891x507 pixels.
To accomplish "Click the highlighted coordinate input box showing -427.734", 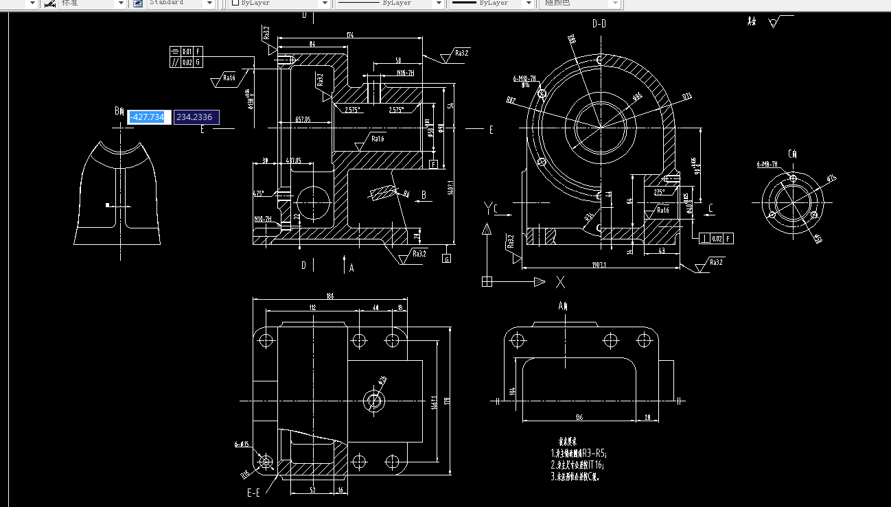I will pyautogui.click(x=148, y=117).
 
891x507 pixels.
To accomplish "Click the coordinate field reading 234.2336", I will pyautogui.click(x=196, y=117).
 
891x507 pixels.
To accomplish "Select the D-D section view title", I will pyautogui.click(x=599, y=23).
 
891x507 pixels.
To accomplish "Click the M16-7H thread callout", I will pyautogui.click(x=405, y=73).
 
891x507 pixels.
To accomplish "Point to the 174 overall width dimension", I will pyautogui.click(x=350, y=35).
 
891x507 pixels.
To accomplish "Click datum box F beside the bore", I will pyautogui.click(x=433, y=164).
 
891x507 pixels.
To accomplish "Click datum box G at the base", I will pyautogui.click(x=447, y=259).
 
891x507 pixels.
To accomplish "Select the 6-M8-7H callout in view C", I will pyautogui.click(x=767, y=165).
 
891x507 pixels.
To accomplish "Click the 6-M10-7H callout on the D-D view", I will pyautogui.click(x=524, y=79).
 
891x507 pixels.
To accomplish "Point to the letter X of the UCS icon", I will pyautogui.click(x=560, y=281).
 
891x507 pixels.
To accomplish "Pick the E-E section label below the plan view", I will pyautogui.click(x=253, y=493).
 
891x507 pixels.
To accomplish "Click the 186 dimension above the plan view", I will pyautogui.click(x=330, y=296).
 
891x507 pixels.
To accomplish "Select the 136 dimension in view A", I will pyautogui.click(x=579, y=417).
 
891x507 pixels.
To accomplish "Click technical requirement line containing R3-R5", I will pyautogui.click(x=579, y=453).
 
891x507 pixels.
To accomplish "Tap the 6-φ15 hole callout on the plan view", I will pyautogui.click(x=242, y=445).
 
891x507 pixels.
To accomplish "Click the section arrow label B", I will pyautogui.click(x=424, y=195).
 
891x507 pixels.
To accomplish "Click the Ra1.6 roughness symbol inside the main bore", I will pyautogui.click(x=375, y=139).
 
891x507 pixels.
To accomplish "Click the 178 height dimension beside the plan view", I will pyautogui.click(x=446, y=401).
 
